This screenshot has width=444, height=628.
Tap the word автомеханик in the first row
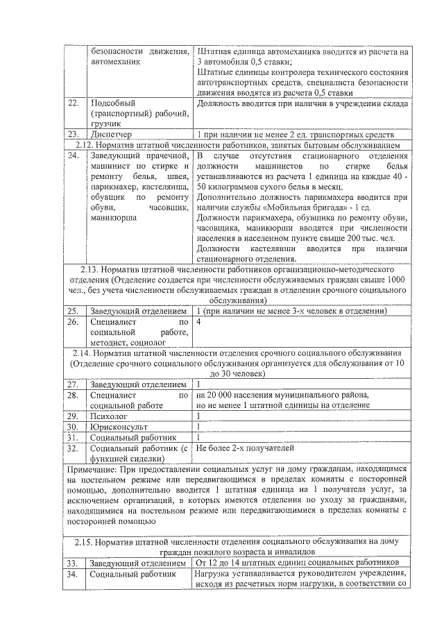[x=115, y=62]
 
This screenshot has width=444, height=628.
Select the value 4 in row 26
[x=199, y=322]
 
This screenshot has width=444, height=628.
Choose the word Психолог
[x=110, y=416]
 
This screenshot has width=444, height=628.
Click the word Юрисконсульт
[x=119, y=427]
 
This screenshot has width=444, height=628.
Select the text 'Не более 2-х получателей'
[x=251, y=448]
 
